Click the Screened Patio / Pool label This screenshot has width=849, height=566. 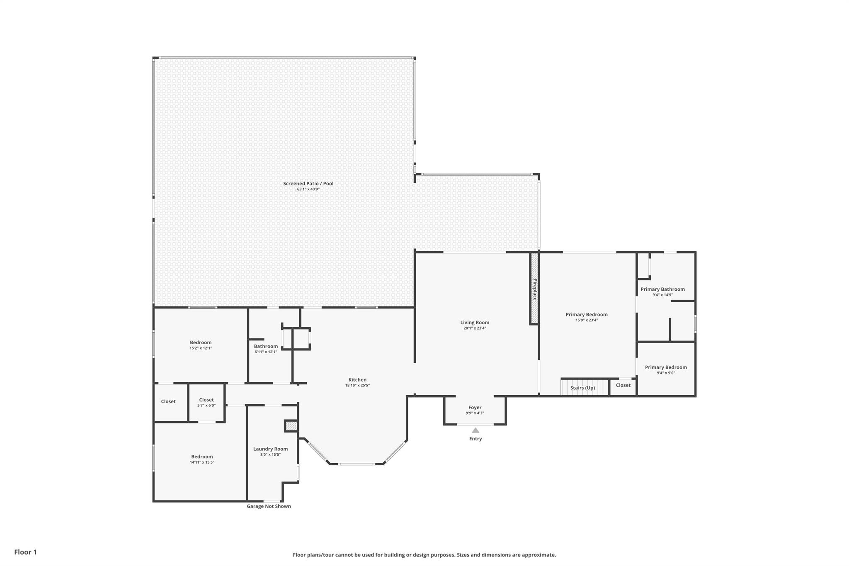pos(308,184)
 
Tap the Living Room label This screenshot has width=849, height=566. pos(475,323)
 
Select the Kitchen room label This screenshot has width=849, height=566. pos(357,380)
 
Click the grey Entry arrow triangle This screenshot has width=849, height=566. pos(475,430)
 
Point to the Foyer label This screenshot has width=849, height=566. pos(475,408)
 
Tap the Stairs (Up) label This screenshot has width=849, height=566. pos(582,388)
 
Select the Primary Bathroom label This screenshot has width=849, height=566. pos(662,289)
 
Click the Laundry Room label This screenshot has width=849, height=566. pos(270,449)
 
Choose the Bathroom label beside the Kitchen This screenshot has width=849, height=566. pos(266,347)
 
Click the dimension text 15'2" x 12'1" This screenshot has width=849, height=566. pos(201,348)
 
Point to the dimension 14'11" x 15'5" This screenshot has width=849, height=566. pos(202,462)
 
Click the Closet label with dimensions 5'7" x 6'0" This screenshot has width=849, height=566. pos(206,400)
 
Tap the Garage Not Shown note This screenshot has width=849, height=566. pos(269,506)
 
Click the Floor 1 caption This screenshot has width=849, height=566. pos(25,552)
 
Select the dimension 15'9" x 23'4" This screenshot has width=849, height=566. pos(587,320)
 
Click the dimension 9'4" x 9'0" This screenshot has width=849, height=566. pos(666,373)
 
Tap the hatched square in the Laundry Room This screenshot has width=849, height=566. pos(292,426)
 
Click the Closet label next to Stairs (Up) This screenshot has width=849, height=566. pos(623,385)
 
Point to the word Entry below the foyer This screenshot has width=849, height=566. pos(475,439)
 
